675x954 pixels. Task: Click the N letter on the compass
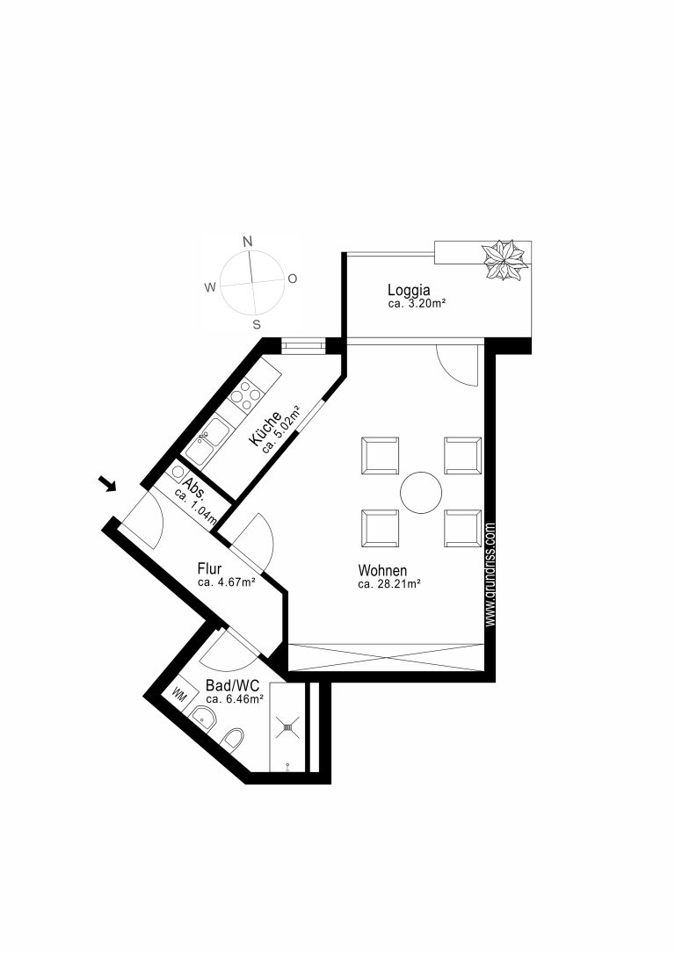[x=248, y=242]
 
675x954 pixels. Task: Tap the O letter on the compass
[x=292, y=278]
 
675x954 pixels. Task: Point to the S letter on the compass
[x=257, y=324]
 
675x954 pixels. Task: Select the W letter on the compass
[x=210, y=288]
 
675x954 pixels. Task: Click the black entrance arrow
[x=108, y=483]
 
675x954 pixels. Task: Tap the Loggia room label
[x=409, y=290]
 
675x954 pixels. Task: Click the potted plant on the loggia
[x=504, y=260]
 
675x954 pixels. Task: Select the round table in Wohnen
[x=421, y=492]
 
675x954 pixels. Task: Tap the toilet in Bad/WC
[x=233, y=741]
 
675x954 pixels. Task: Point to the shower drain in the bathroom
[x=288, y=725]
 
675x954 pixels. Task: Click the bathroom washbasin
[x=205, y=719]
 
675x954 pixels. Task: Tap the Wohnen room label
[x=382, y=571]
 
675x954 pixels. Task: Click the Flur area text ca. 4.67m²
[x=226, y=582]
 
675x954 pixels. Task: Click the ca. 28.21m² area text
[x=389, y=584]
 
